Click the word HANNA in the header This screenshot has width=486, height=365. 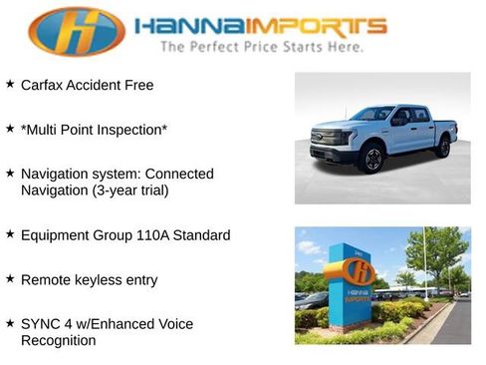[184, 27]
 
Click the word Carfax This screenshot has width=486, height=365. [44, 85]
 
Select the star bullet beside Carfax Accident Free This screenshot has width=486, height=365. [10, 84]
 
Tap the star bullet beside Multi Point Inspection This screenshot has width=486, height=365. [10, 129]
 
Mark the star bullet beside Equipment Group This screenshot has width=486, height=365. [10, 234]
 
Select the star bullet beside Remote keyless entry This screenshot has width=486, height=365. [10, 279]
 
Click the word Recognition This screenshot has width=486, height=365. [59, 340]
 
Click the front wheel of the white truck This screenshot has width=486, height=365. [371, 158]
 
